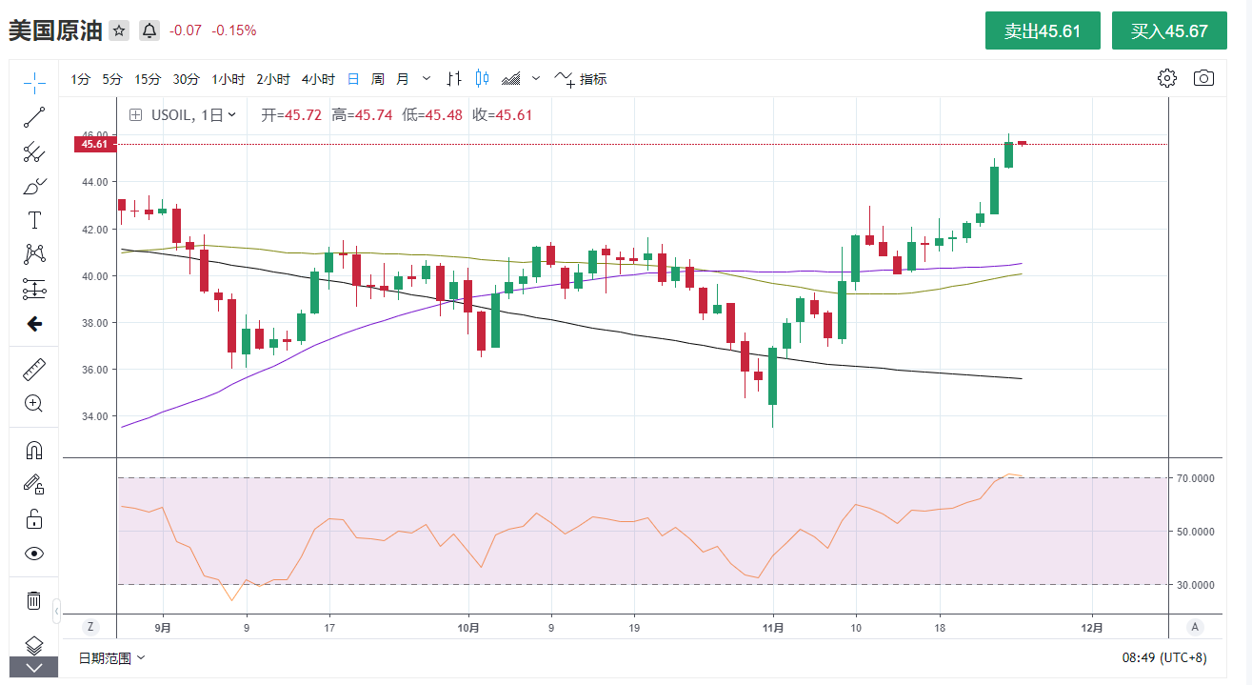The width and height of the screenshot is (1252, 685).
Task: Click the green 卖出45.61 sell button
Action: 1043,30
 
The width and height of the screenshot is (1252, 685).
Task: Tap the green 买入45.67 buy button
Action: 1169,30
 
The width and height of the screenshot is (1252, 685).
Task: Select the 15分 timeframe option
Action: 148,79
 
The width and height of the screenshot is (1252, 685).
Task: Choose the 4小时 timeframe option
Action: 318,79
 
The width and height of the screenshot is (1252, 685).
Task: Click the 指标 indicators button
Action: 581,79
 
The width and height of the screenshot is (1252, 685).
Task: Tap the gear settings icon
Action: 1167,78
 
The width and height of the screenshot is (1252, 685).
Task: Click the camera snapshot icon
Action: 1203,78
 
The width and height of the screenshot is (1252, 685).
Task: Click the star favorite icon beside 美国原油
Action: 119,30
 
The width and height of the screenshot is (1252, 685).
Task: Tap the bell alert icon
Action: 149,30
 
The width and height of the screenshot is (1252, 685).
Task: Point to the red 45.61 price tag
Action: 93,144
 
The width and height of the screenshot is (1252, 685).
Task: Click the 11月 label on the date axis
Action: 774,628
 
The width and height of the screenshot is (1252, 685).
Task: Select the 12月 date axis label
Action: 1093,628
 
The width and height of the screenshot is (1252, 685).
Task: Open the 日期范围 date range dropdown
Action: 111,657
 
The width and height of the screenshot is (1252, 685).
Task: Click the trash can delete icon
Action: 34,600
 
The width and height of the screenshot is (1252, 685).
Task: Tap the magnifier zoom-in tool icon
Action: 34,403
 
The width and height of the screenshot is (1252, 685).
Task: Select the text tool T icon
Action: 34,220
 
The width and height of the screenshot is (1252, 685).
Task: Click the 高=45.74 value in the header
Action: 362,115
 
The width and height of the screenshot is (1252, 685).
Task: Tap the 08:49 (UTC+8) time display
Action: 1163,657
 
